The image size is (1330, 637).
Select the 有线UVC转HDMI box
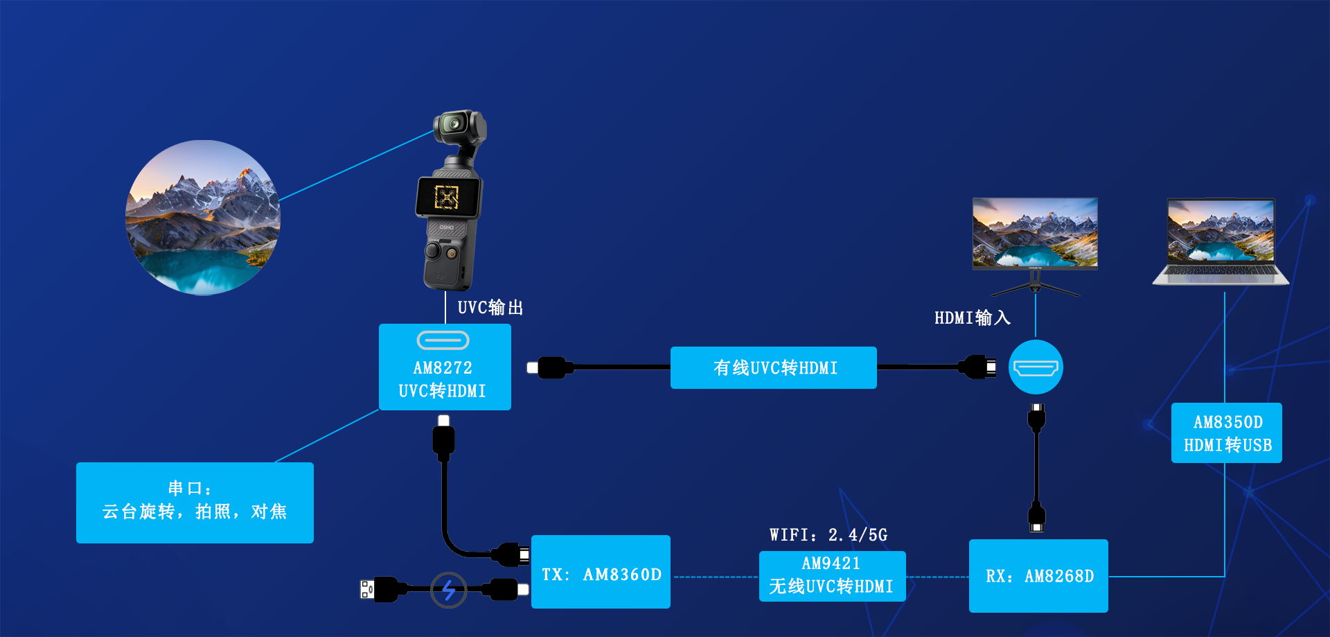(x=773, y=367)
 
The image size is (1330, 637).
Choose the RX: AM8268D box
(x=1038, y=575)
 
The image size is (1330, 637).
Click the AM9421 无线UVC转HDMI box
(x=832, y=576)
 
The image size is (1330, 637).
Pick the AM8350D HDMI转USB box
(x=1226, y=433)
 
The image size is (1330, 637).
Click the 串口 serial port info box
(x=195, y=503)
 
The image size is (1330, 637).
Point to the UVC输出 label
(x=490, y=307)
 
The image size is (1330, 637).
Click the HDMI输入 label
(x=972, y=317)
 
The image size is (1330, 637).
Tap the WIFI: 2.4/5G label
(x=828, y=534)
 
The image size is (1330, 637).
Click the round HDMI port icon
(x=1036, y=367)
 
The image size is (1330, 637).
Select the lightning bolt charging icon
(x=448, y=590)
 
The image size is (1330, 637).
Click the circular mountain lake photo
(x=203, y=218)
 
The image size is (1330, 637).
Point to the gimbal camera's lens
(x=454, y=124)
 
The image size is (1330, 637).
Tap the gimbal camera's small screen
(x=447, y=198)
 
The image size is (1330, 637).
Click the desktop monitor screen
(x=1035, y=232)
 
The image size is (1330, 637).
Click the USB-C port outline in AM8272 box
(x=443, y=340)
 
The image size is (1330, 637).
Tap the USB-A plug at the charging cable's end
(x=368, y=589)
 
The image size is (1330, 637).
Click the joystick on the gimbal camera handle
(x=433, y=250)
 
